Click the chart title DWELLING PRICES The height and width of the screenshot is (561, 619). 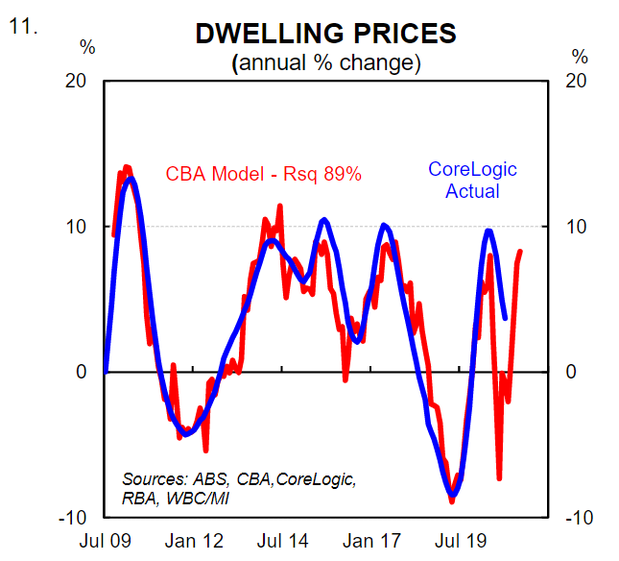coord(325,34)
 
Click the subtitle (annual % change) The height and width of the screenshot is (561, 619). coord(325,64)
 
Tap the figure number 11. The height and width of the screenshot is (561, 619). coord(23,27)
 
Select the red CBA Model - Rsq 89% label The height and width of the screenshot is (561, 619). coord(263,175)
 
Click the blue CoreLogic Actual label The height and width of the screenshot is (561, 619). coord(472,180)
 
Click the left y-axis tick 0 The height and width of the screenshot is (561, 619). coord(84,372)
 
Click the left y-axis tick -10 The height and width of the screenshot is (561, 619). coord(77,518)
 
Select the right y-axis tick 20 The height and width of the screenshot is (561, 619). coord(578,81)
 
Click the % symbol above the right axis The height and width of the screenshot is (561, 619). coord(580,57)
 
